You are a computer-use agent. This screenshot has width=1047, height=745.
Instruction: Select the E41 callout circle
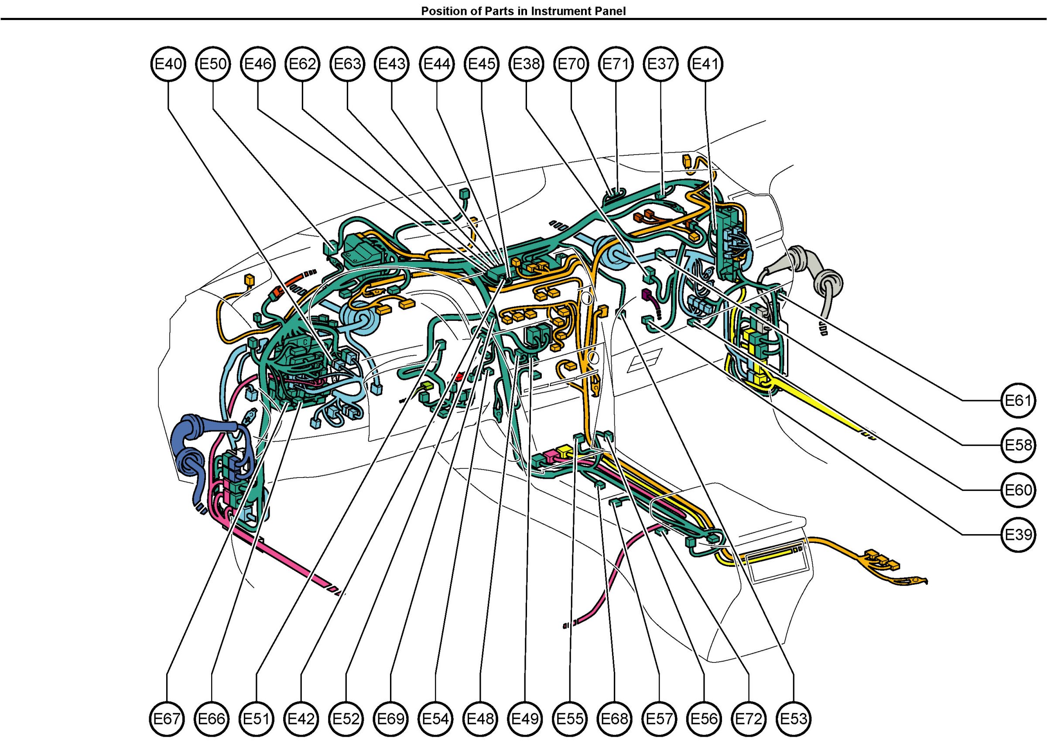[705, 64]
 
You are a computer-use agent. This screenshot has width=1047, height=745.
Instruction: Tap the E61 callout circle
[1018, 401]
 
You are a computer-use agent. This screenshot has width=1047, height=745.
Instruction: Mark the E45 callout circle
[482, 64]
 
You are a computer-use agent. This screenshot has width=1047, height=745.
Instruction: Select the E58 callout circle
[1018, 445]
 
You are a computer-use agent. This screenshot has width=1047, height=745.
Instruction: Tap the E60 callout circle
[1018, 490]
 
